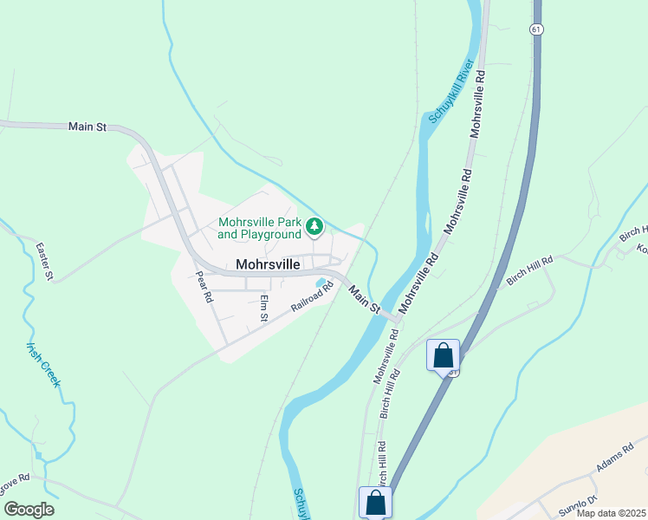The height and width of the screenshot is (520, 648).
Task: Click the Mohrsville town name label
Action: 268,264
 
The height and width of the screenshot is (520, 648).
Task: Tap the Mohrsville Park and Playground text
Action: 260,228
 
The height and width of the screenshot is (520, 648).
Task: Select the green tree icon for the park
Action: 314,228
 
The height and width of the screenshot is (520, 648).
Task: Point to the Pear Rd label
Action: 204,285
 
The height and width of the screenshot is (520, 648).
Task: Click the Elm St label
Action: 264,308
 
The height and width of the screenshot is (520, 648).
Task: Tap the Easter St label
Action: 45,261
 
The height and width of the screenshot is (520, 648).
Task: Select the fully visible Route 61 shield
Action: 538,29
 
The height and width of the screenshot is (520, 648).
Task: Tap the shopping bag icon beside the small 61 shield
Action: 443,355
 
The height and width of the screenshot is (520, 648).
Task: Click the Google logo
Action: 28,510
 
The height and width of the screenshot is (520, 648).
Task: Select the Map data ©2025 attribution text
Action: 611,513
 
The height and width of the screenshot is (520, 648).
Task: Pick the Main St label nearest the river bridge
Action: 365,296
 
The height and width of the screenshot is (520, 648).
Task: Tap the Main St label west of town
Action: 87,127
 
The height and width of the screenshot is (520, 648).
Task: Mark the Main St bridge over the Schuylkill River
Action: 382,314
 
